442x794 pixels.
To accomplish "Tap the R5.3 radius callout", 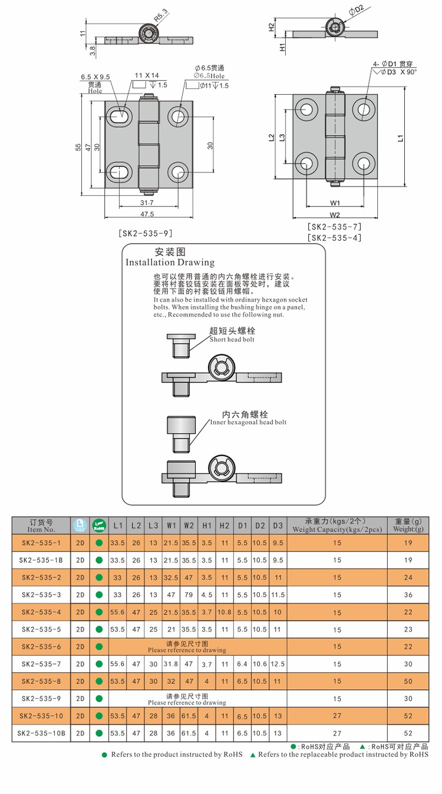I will tap(160, 14).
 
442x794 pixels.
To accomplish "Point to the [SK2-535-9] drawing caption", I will tap(145, 233).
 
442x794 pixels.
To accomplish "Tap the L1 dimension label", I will tap(400, 138).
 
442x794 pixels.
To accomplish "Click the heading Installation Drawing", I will tap(170, 263).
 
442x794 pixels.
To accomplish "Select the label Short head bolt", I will tap(232, 340).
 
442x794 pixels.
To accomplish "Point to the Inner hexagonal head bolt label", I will tap(248, 422).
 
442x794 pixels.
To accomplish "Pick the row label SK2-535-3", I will tap(41, 595).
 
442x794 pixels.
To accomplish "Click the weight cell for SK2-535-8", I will tap(408, 681).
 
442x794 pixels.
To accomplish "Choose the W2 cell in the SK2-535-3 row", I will tap(189, 595).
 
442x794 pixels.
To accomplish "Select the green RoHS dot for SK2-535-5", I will tap(99, 629).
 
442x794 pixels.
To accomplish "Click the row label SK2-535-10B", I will tap(41, 733).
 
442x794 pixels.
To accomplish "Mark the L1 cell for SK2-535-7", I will tap(118, 664).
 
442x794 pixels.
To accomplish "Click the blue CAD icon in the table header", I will tap(80, 525).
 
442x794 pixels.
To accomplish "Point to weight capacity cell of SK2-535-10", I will tap(337, 716).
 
